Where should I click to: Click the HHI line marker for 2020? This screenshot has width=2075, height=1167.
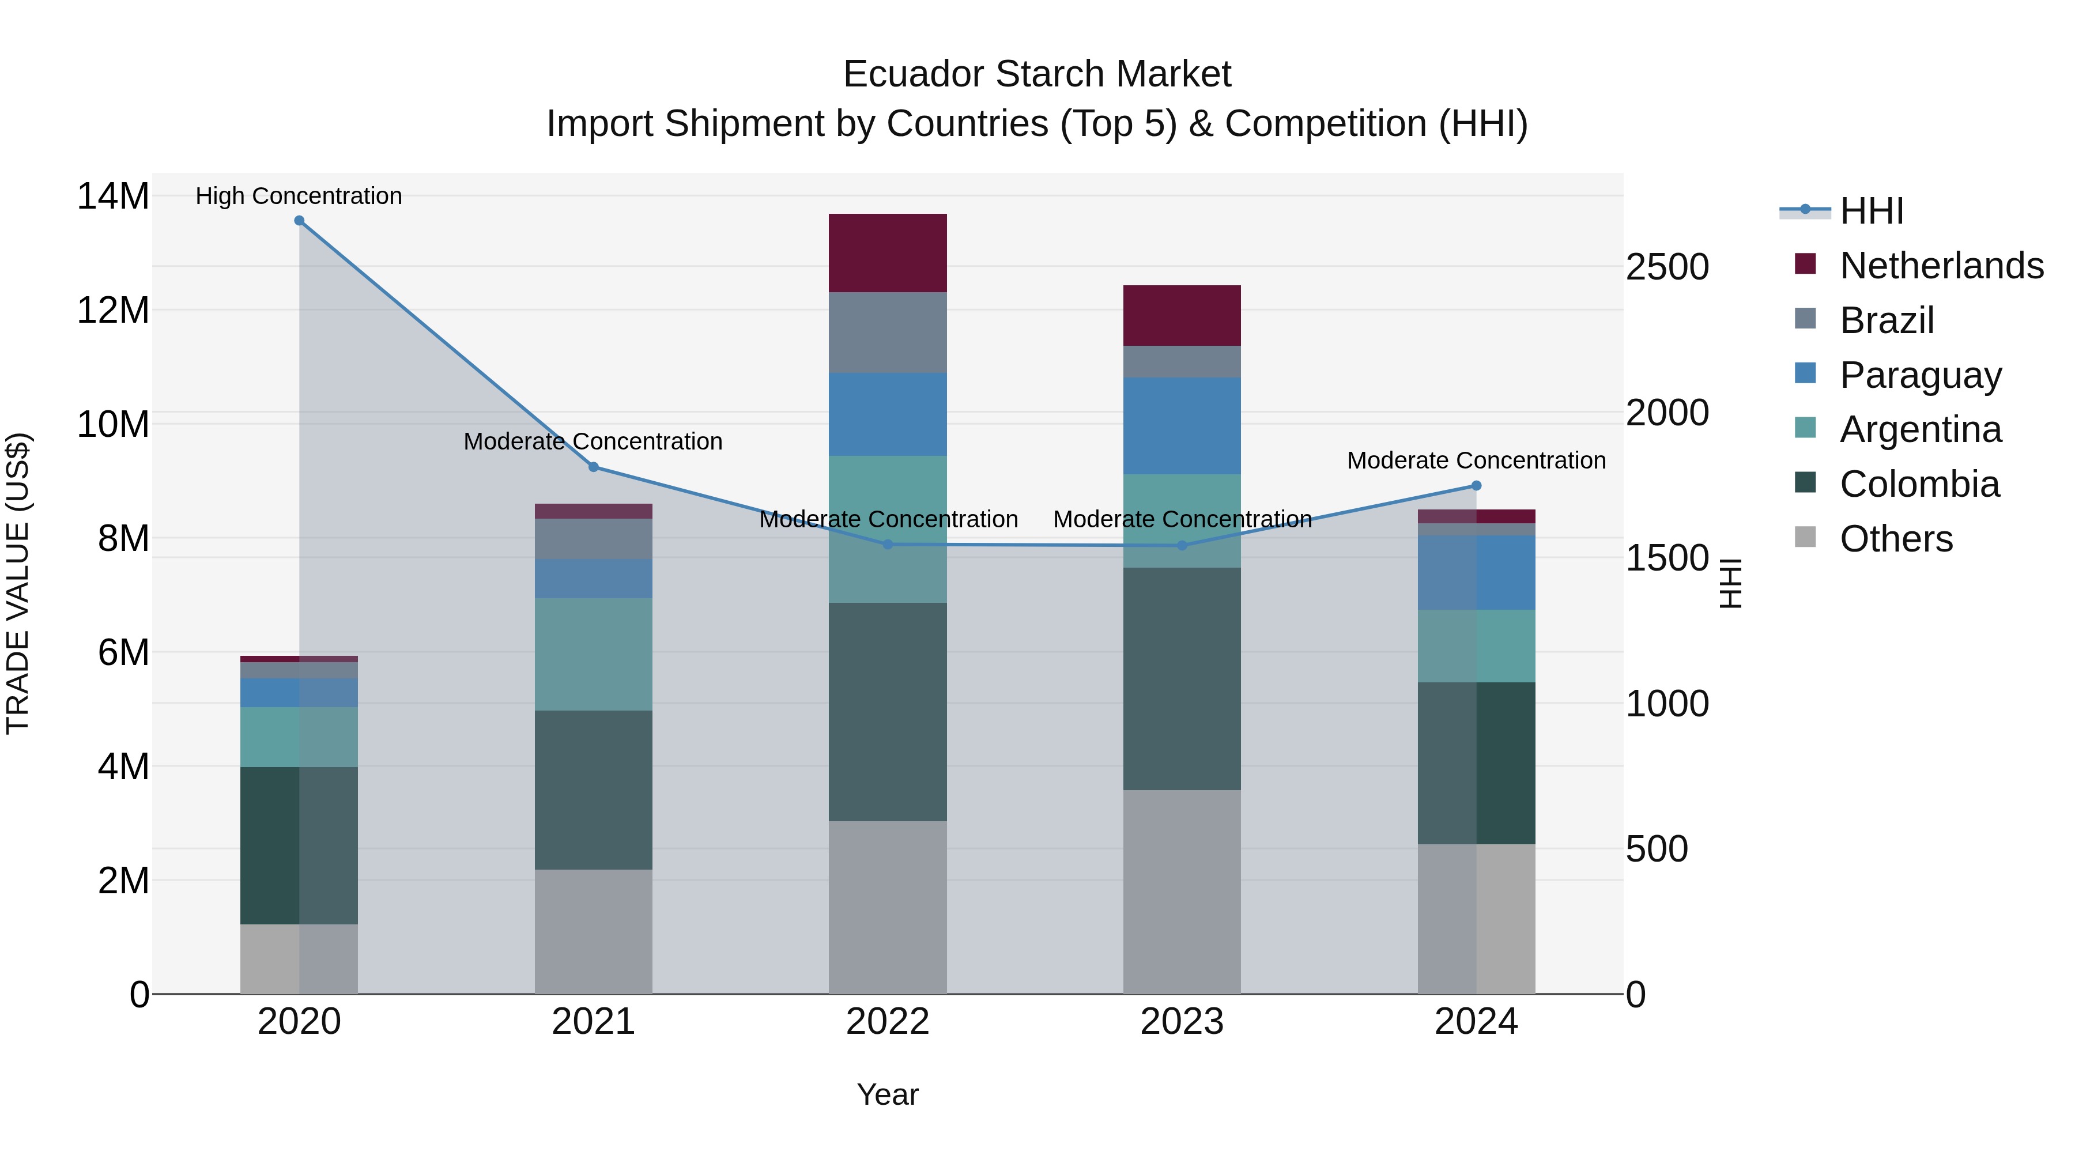click(299, 221)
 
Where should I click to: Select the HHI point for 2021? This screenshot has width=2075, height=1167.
click(594, 467)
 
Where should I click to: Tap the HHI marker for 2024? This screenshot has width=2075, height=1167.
click(1477, 486)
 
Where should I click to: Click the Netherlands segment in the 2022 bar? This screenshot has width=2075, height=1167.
click(888, 253)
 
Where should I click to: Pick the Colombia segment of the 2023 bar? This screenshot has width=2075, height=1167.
click(1182, 678)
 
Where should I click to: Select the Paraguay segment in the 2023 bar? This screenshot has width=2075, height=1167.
click(1182, 425)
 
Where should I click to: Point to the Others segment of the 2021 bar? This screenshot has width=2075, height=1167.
click(594, 931)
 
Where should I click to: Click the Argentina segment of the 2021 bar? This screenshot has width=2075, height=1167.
click(594, 654)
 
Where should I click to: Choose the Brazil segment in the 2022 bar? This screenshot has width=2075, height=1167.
click(888, 332)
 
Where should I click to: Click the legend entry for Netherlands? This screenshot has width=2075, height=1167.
click(1941, 266)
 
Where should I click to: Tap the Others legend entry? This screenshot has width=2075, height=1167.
click(1896, 539)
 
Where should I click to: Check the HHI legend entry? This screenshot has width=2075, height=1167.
click(1871, 211)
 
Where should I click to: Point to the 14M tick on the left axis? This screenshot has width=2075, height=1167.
click(113, 197)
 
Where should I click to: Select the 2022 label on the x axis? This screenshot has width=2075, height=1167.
click(888, 1022)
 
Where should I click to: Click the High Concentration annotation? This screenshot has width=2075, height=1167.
click(299, 196)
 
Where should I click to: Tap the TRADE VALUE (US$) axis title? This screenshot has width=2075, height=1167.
click(18, 583)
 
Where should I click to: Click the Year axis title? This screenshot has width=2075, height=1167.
click(888, 1094)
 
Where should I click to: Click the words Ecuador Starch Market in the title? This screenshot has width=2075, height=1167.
click(1037, 74)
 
